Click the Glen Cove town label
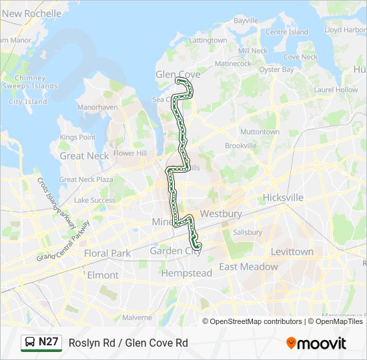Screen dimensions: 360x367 (173, 74)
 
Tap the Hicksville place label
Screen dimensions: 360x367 (283, 198)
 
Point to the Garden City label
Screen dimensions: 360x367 (175, 251)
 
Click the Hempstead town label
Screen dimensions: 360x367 (186, 273)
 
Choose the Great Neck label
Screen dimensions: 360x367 (84, 156)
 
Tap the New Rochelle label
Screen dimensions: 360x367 (31, 13)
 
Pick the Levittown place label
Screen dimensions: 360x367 (292, 252)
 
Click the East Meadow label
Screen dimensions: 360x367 (248, 267)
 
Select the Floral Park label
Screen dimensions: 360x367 (107, 253)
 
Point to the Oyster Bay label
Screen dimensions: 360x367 (276, 69)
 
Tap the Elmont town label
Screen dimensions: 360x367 (103, 275)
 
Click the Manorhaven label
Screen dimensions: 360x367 (97, 107)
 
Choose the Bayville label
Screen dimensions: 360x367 (246, 21)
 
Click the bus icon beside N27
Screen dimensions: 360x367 (30, 343)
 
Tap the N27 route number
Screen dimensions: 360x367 (49, 342)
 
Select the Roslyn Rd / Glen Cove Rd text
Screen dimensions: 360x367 (128, 343)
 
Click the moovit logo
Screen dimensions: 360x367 (316, 343)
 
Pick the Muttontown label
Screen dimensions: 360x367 (260, 132)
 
